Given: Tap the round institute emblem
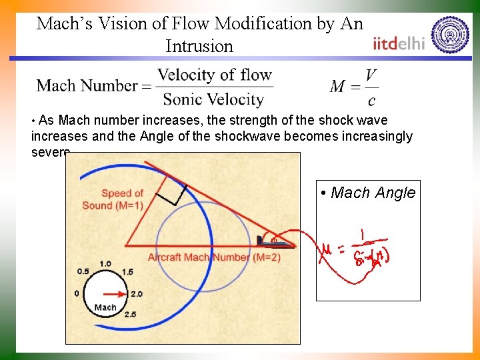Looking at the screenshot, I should (x=450, y=35).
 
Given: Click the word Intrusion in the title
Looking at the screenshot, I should (x=199, y=47).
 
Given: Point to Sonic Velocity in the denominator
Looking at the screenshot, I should (x=213, y=100).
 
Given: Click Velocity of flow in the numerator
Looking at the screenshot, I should (x=215, y=74).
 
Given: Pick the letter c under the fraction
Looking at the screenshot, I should (x=371, y=101).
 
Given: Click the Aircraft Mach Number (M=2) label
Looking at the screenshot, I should (x=205, y=257).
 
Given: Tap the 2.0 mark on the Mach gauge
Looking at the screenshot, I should (x=137, y=294).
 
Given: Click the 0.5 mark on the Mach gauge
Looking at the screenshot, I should (x=83, y=271).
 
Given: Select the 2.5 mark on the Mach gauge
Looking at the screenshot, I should (x=130, y=314).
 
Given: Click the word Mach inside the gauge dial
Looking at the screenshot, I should (x=105, y=307).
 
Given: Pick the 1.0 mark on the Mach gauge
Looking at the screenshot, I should (x=105, y=263).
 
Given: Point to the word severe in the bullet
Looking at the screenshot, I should (x=50, y=152).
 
